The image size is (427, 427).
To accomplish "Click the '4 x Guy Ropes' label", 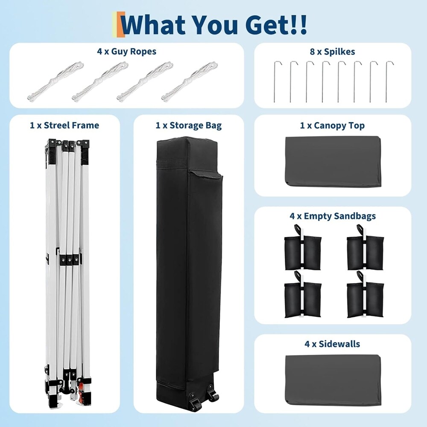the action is click(x=127, y=51).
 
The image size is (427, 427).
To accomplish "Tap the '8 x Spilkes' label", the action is click(x=332, y=52).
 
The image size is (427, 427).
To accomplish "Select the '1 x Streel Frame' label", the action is click(x=64, y=125).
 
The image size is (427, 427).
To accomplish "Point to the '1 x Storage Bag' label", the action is click(x=188, y=125).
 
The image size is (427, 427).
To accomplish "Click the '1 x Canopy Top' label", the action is click(x=332, y=125).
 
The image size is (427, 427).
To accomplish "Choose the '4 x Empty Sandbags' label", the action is click(x=333, y=216).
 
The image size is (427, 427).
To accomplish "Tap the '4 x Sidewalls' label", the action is click(x=332, y=344).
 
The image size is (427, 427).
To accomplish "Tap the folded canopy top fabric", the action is click(x=333, y=161).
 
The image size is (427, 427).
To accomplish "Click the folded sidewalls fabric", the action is click(x=333, y=380).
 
